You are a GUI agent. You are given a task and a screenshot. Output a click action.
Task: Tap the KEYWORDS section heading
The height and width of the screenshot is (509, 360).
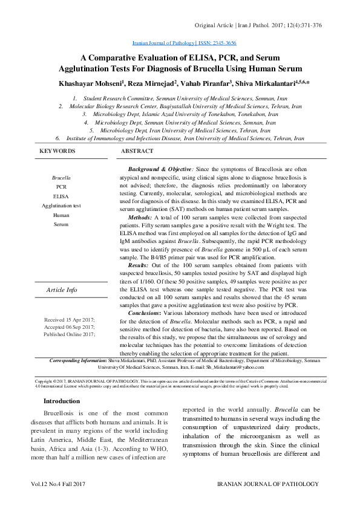pyautogui.click(x=57, y=151)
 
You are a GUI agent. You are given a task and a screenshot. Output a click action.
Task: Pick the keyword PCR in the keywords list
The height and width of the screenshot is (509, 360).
pyautogui.click(x=61, y=187)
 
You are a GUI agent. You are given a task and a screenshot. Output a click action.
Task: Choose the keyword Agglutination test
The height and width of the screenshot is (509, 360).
pyautogui.click(x=61, y=206)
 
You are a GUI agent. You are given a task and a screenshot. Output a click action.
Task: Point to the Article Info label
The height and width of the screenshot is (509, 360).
pyautogui.click(x=62, y=290)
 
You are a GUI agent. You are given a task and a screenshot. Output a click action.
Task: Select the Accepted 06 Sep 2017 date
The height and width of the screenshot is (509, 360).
pyautogui.click(x=70, y=326)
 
